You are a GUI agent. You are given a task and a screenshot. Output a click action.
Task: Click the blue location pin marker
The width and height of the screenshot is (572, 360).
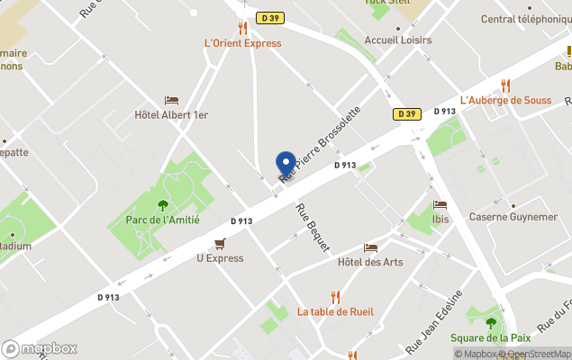[286, 164]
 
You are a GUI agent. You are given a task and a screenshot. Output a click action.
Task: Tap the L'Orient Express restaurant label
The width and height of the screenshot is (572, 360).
[243, 43]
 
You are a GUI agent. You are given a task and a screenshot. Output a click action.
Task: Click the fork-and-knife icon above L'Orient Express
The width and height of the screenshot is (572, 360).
[242, 28]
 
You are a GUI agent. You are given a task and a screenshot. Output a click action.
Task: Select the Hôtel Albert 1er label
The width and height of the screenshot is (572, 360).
[171, 115]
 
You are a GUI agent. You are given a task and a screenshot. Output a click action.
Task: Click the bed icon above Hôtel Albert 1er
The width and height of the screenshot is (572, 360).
[171, 100]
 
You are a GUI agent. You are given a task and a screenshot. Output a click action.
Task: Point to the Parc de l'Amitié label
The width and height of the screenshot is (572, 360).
[163, 220]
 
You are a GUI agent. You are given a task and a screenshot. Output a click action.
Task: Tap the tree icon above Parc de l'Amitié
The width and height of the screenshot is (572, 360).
[162, 205]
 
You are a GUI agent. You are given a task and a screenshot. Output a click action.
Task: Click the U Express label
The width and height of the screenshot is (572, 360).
[220, 258]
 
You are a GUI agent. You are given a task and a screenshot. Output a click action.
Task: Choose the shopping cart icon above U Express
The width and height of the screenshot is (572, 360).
[220, 244]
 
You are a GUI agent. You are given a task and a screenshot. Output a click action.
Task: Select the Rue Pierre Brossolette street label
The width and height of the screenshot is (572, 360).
[321, 144]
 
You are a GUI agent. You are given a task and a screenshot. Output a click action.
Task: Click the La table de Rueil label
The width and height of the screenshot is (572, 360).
[335, 311]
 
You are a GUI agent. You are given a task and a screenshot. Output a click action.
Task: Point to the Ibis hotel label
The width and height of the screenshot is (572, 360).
[440, 219]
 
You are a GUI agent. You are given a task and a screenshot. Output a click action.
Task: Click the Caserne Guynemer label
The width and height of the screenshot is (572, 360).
[513, 217]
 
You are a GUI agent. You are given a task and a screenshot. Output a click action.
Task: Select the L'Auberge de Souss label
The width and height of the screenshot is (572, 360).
[505, 100]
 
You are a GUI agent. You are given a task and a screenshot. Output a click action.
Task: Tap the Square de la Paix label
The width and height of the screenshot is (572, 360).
[491, 337]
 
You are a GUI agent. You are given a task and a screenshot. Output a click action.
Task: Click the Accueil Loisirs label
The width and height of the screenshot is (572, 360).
[397, 40]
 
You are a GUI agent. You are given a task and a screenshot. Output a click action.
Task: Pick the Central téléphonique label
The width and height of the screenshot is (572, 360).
[526, 19]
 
